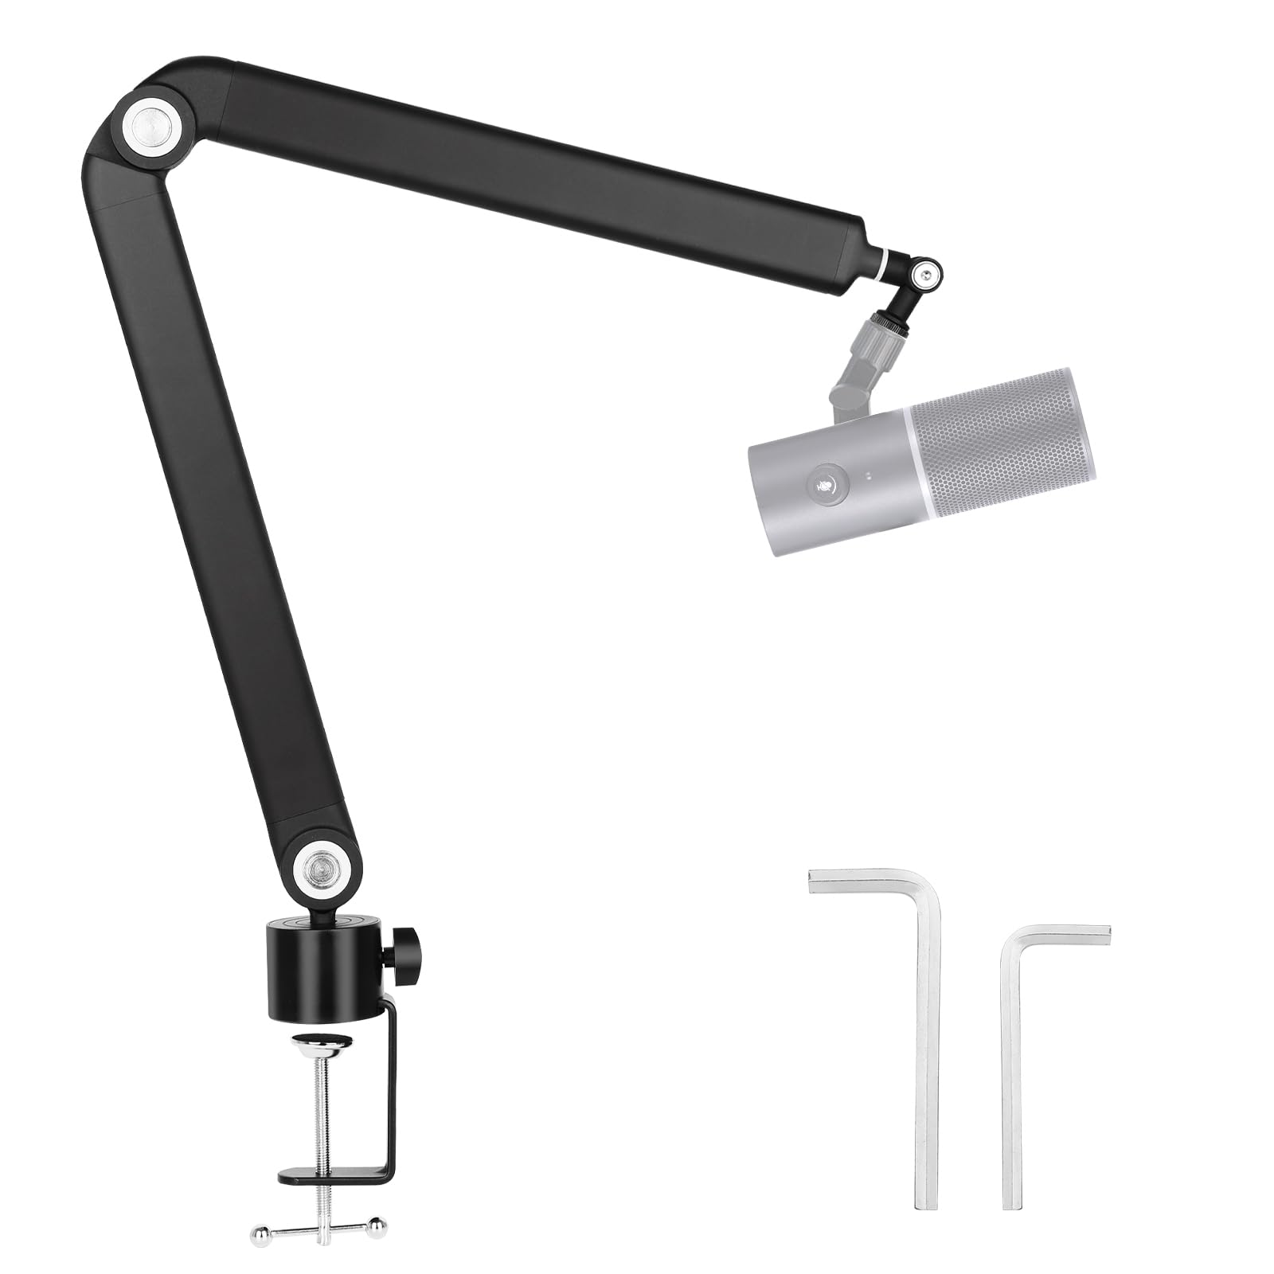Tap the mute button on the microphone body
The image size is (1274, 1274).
[x=826, y=484]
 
